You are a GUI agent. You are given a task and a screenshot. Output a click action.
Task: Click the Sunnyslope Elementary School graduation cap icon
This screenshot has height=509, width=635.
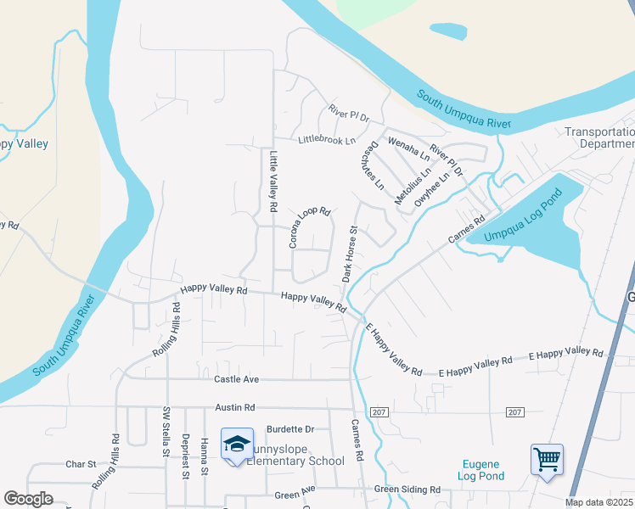[x=237, y=444]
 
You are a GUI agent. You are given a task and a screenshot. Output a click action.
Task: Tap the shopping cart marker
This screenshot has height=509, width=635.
[x=547, y=461]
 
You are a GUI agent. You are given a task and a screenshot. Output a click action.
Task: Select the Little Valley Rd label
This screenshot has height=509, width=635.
[x=273, y=182]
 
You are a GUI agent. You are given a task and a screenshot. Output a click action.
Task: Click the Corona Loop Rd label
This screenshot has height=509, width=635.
[x=309, y=227]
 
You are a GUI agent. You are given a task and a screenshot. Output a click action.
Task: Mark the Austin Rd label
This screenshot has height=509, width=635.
[x=235, y=407]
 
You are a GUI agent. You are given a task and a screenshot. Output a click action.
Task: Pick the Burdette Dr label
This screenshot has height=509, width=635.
[x=289, y=429]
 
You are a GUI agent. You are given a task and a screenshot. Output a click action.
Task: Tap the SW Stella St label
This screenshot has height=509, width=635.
[x=166, y=432]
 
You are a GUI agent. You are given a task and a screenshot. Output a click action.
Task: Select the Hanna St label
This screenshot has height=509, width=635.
[x=205, y=456]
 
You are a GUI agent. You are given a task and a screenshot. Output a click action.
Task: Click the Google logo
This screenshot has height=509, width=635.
[x=28, y=499]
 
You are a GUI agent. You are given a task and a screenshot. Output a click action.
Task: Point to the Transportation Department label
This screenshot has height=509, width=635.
[x=600, y=137]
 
